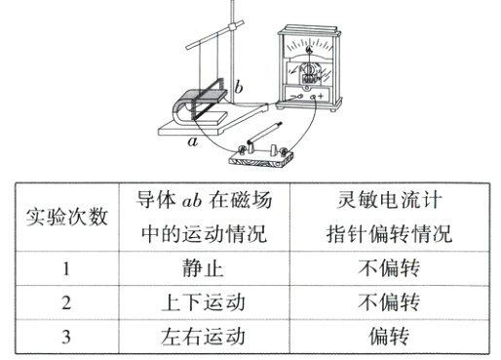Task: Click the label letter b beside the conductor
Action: point(238,89)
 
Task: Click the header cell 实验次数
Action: point(65,218)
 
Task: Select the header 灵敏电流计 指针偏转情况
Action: point(388,218)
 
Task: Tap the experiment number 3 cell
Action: point(65,335)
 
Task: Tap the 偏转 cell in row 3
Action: point(388,335)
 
